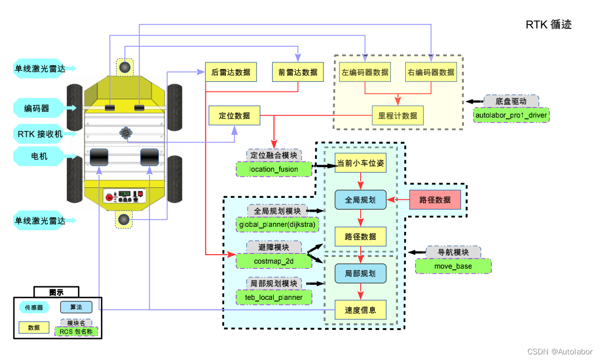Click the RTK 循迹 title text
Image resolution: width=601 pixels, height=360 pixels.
[549, 25]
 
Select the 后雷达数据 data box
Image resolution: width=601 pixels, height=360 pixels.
[231, 72]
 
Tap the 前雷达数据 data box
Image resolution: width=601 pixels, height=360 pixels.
[298, 72]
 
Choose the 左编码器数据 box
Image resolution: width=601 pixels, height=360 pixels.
[365, 72]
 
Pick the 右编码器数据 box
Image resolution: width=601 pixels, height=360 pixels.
[431, 72]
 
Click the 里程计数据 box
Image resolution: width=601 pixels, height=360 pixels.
[398, 115]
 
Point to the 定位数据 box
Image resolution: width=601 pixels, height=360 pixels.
[234, 116]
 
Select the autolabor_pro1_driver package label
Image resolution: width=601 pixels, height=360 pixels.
[511, 115]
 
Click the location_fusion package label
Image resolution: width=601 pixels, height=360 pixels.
[273, 169]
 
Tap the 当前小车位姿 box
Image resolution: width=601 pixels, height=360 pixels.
[360, 163]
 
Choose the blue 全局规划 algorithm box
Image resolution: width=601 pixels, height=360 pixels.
[360, 200]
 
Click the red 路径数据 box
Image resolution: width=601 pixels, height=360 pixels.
[435, 200]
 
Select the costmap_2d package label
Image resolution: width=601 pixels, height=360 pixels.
[274, 261]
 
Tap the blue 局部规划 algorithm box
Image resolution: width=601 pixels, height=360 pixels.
[360, 273]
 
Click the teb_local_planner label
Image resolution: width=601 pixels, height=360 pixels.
[274, 297]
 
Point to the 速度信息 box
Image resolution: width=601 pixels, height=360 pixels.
[360, 310]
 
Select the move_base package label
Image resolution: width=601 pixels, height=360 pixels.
[453, 266]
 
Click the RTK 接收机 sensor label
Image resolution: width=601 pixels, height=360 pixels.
[40, 134]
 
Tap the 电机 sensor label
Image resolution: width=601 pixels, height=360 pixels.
[40, 156]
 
